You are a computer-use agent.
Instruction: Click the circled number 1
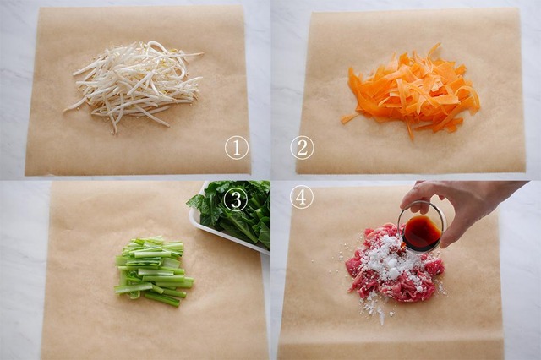click(x=237, y=148)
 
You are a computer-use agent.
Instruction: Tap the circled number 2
click(x=302, y=148)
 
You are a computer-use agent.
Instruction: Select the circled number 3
click(x=236, y=199)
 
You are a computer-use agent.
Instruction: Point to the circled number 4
click(x=301, y=197)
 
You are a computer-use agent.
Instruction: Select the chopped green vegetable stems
click(x=152, y=270)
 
